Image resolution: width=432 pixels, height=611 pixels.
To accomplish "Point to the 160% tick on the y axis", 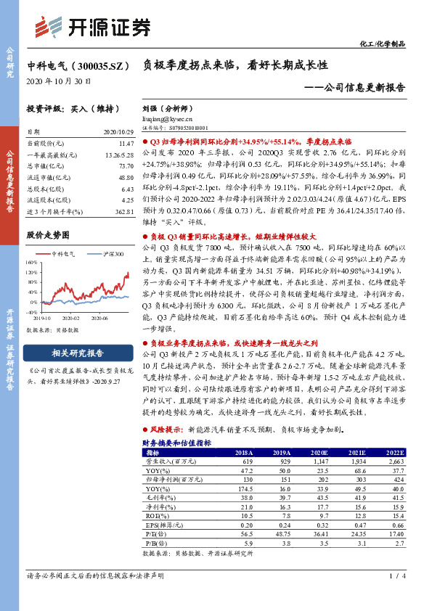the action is [x=33, y=263].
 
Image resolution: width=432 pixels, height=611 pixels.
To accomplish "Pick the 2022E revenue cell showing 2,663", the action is [x=396, y=461].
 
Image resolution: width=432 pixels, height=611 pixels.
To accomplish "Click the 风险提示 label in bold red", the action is [x=166, y=430].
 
